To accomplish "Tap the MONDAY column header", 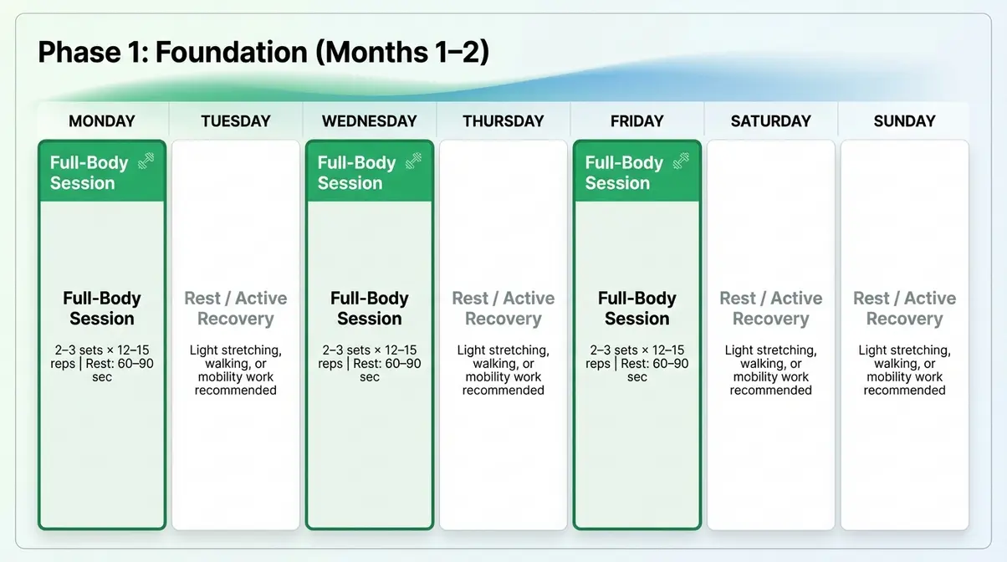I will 102,121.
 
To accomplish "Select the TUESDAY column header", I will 236,121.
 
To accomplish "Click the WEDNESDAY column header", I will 370,121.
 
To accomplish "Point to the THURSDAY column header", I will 503,121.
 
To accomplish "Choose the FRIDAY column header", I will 637,121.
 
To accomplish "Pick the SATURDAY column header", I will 771,121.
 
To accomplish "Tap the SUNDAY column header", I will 904,121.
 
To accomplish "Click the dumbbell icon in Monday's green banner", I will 146,161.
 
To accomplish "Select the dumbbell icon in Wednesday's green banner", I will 413,161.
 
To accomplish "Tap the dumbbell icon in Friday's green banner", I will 681,161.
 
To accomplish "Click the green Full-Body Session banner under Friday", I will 623,172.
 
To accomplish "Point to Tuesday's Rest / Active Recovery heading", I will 236,309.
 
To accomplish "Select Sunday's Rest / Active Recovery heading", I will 904,309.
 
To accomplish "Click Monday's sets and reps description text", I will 102,364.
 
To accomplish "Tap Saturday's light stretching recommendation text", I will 771,370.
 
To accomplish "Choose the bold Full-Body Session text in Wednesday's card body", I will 370,309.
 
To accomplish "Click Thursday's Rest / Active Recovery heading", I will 503,309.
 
